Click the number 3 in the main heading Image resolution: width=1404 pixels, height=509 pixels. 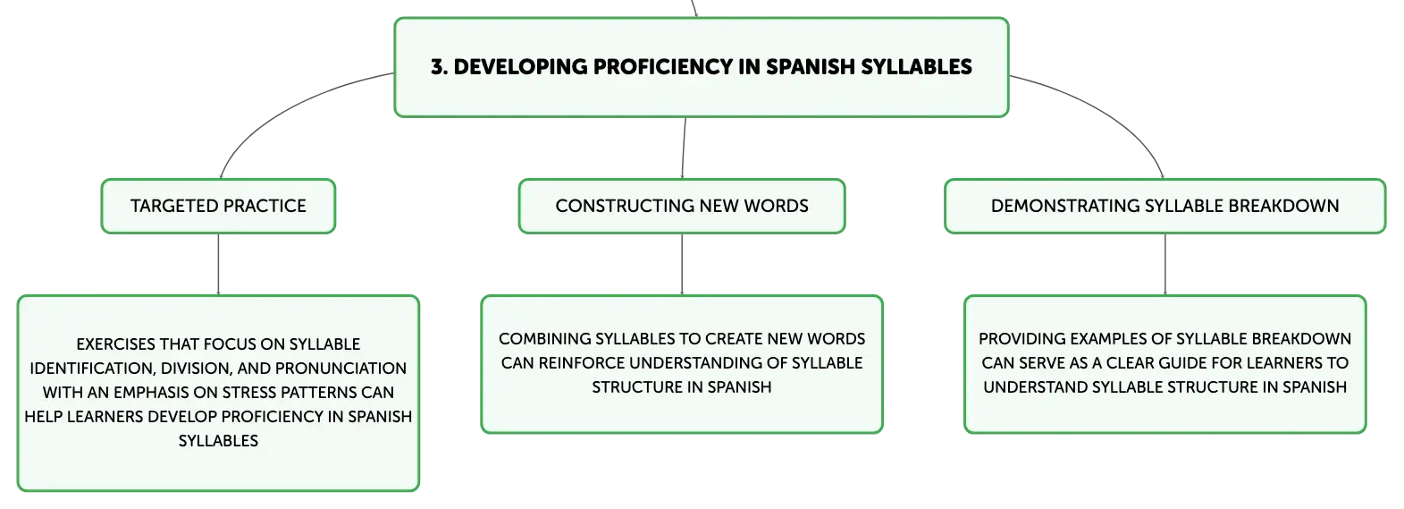tap(438, 67)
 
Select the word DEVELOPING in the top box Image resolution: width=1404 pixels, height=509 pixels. tap(519, 67)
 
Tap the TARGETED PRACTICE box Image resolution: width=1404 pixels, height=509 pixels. tap(218, 207)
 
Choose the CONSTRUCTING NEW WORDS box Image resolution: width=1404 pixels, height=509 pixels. tap(682, 207)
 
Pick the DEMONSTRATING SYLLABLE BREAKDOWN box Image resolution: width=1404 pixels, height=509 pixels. tap(1165, 207)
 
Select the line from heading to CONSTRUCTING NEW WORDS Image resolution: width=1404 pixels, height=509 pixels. tap(684, 148)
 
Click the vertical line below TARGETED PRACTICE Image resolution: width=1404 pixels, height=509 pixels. tap(218, 264)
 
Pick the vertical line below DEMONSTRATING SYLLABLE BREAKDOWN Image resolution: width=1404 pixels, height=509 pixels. tap(1165, 264)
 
